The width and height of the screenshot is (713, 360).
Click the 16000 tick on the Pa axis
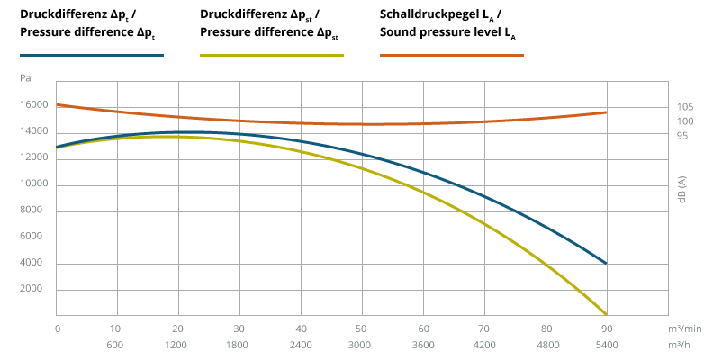pyautogui.click(x=33, y=105)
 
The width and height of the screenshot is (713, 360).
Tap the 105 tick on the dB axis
pyautogui.click(x=685, y=107)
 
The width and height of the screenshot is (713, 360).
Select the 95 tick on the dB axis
pyautogui.click(x=682, y=136)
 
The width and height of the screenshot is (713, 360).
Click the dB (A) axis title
pyautogui.click(x=682, y=190)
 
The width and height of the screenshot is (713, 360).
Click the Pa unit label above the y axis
pyautogui.click(x=25, y=78)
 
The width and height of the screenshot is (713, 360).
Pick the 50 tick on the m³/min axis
pyautogui.click(x=363, y=328)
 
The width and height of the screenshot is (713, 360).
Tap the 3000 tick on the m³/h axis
pyautogui.click(x=360, y=345)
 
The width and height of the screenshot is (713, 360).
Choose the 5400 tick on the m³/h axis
pyautogui.click(x=607, y=345)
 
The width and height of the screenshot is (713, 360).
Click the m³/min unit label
pyautogui.click(x=685, y=328)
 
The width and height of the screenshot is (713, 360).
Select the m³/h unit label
pyautogui.click(x=679, y=345)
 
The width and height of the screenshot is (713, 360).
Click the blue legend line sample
pyautogui.click(x=92, y=56)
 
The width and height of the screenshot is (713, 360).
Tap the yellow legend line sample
pyautogui.click(x=272, y=56)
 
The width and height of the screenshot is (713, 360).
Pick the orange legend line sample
pyautogui.click(x=452, y=56)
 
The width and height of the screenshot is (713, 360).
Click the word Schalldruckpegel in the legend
pyautogui.click(x=429, y=14)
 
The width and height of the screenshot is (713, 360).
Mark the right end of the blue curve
pyautogui.click(x=606, y=263)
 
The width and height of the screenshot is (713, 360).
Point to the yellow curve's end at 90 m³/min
pyautogui.click(x=606, y=314)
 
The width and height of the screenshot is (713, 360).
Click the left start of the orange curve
pyautogui.click(x=57, y=105)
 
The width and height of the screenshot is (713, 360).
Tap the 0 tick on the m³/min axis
pyautogui.click(x=58, y=328)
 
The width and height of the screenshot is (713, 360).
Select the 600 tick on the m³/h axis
pyautogui.click(x=114, y=345)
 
